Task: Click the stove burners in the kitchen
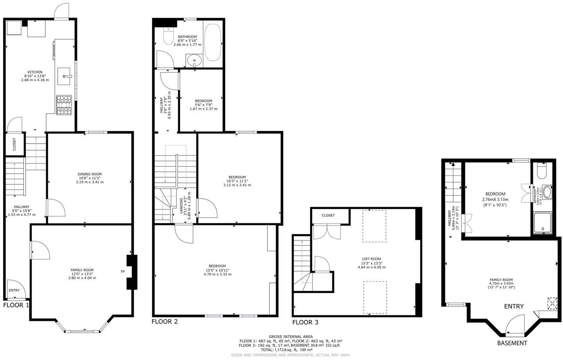tap(65, 105)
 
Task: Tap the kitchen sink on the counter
tap(65, 76)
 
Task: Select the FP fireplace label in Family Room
tap(123, 271)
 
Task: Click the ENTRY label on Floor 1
tap(14, 290)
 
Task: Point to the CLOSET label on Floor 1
tap(14, 144)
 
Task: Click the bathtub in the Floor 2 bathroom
tap(213, 43)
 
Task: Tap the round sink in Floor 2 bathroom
tap(194, 61)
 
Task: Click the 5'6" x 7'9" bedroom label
tap(203, 101)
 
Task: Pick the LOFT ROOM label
tap(371, 259)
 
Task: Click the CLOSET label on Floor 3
tap(328, 216)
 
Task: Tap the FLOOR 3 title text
tap(305, 322)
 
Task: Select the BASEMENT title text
tap(512, 343)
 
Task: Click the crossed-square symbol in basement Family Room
tap(552, 303)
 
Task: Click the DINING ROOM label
tap(90, 174)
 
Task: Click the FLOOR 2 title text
tap(165, 322)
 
